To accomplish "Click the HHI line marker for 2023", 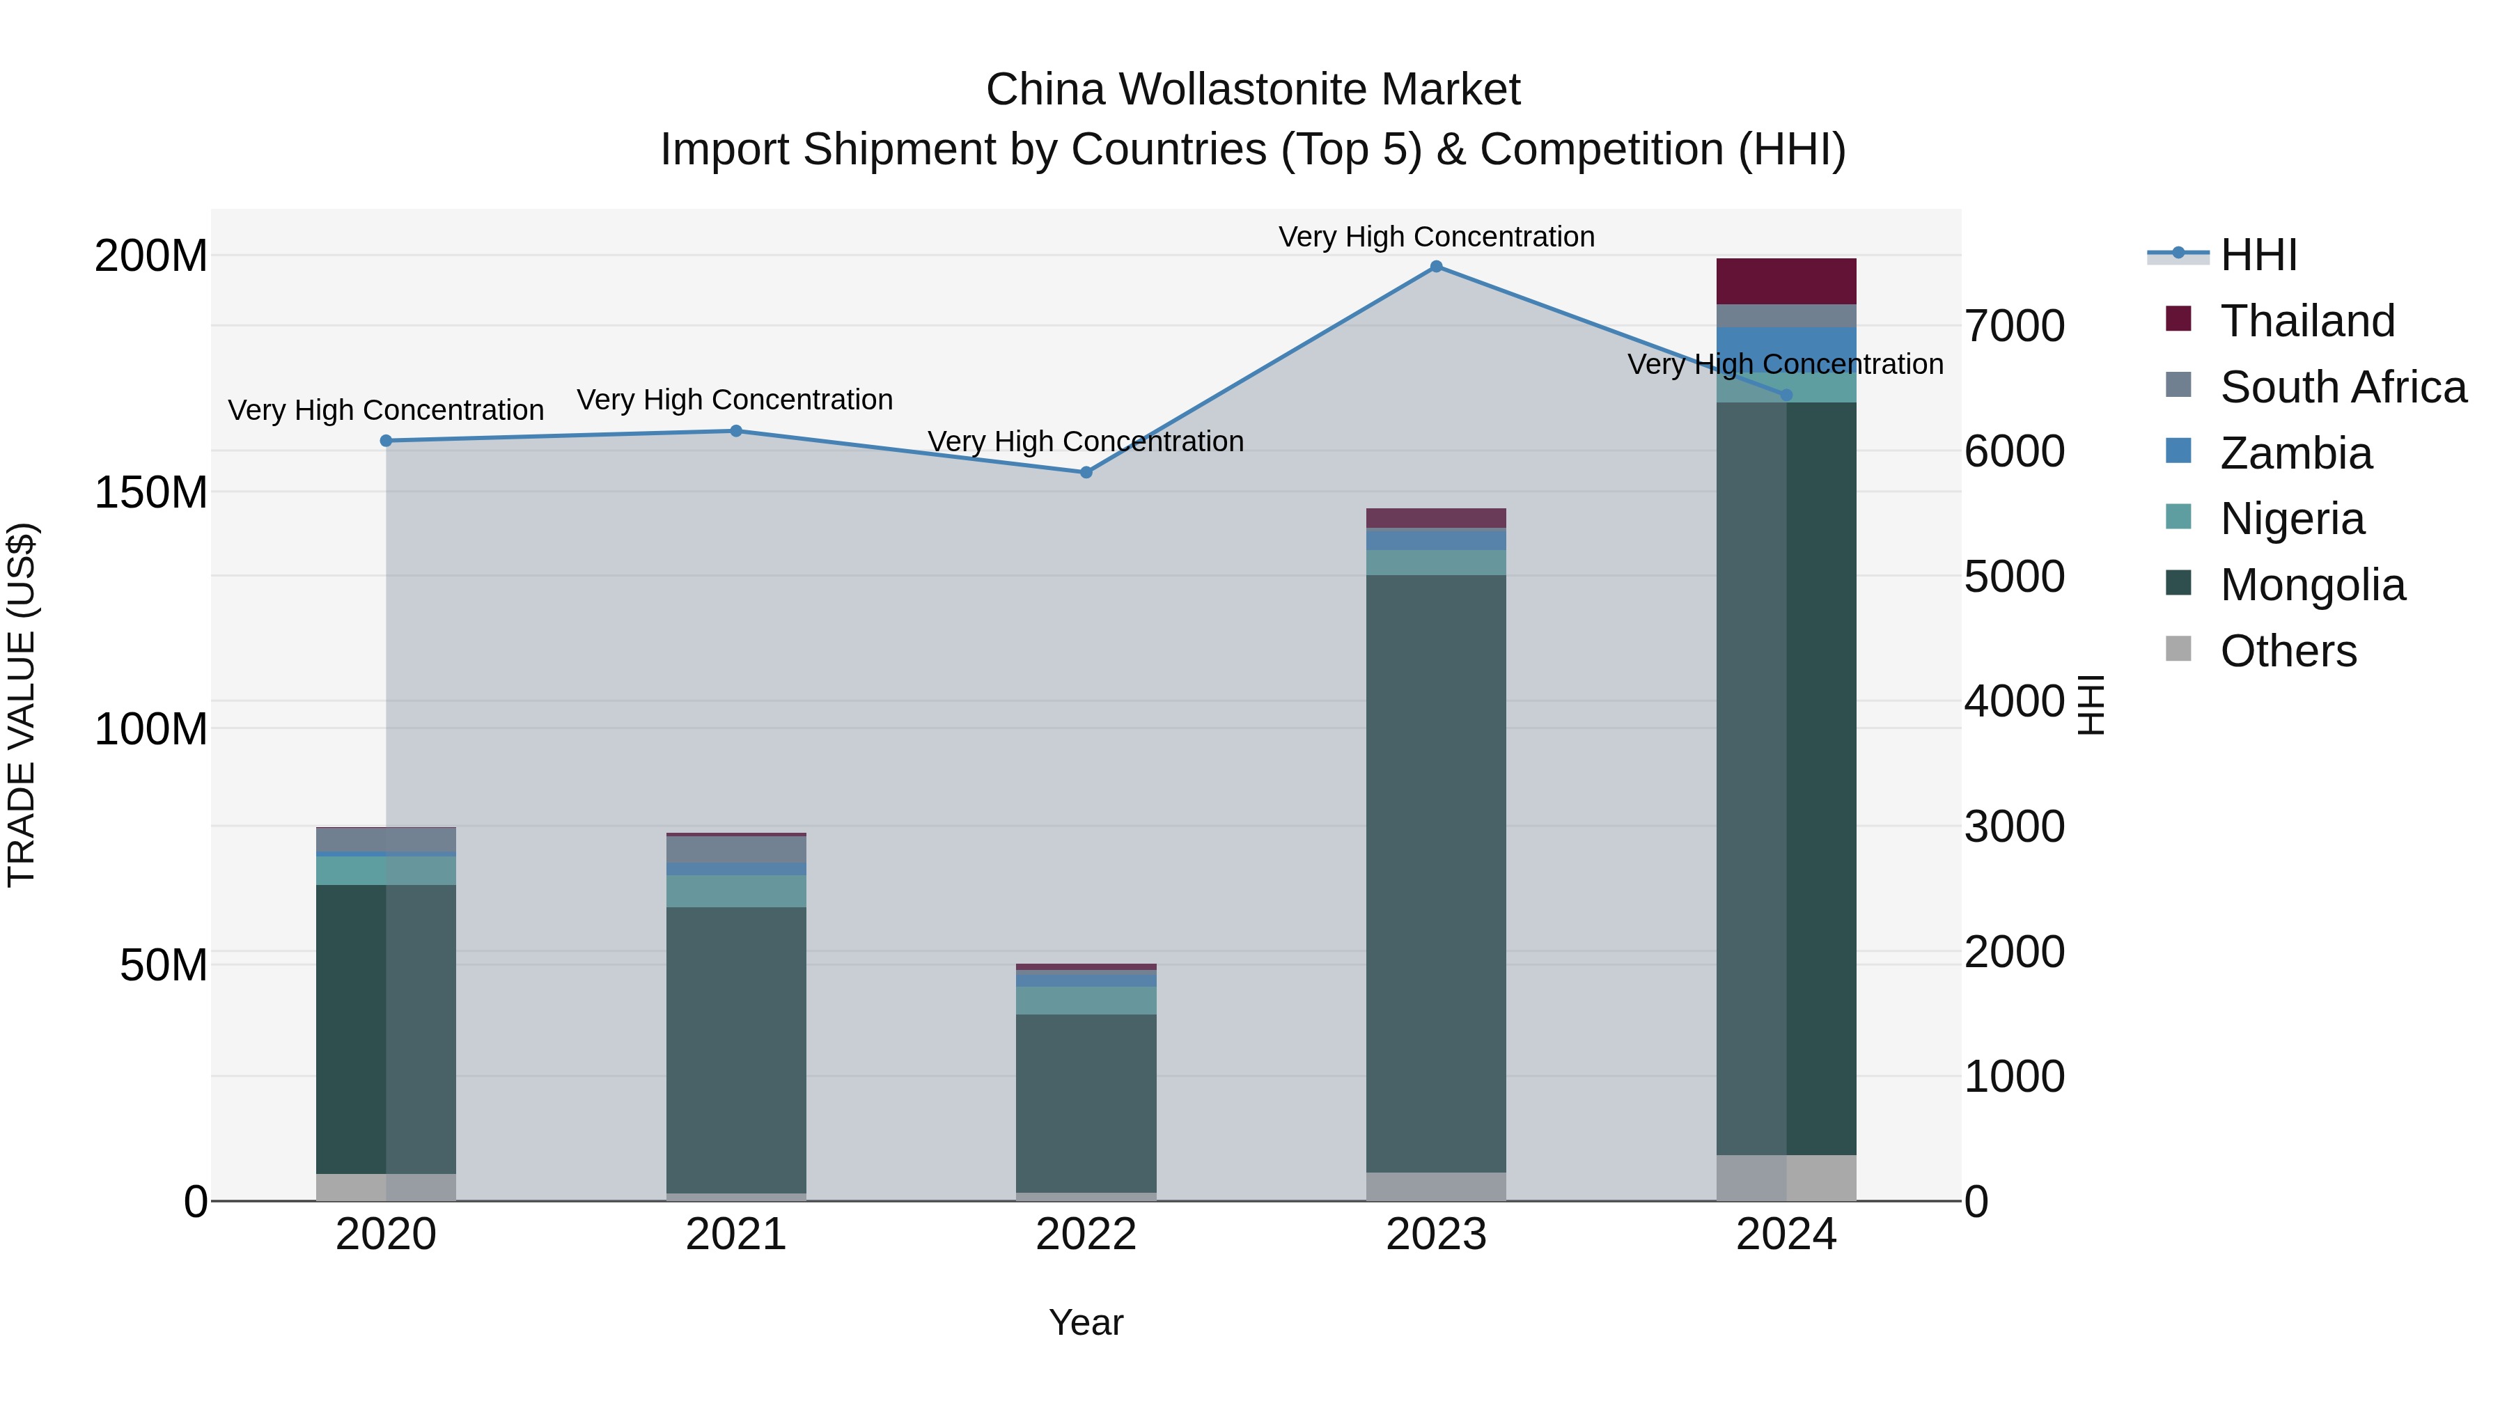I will pyautogui.click(x=1435, y=267).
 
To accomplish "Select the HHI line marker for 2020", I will pyautogui.click(x=386, y=441).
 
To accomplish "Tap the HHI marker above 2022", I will pyautogui.click(x=1086, y=473).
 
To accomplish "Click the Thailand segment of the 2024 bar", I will pyautogui.click(x=1786, y=281).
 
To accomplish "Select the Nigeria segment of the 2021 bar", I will pyautogui.click(x=736, y=891).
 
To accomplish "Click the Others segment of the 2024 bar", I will pyautogui.click(x=1786, y=1177).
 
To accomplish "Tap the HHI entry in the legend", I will pyautogui.click(x=2258, y=255).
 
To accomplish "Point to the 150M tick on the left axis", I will pyautogui.click(x=151, y=492).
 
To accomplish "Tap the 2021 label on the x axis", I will pyautogui.click(x=736, y=1235).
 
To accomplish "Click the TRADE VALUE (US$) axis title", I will pyautogui.click(x=22, y=705).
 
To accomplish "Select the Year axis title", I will pyautogui.click(x=1086, y=1322).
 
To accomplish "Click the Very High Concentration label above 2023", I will pyautogui.click(x=1435, y=237).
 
